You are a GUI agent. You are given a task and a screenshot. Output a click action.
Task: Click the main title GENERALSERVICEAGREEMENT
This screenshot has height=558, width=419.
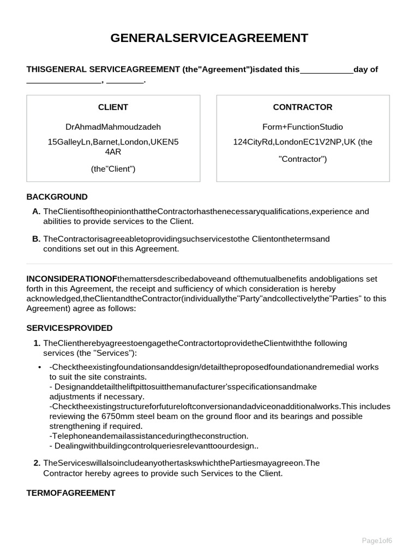tap(209, 38)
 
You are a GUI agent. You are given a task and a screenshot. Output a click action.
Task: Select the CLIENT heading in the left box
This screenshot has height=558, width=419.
tap(113, 107)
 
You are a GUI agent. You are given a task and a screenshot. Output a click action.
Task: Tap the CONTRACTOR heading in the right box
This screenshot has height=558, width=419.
tap(302, 107)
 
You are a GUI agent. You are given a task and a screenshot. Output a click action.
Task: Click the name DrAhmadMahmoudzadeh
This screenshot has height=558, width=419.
tap(113, 127)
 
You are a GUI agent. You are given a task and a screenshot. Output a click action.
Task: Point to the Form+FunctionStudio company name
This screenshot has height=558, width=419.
tap(302, 127)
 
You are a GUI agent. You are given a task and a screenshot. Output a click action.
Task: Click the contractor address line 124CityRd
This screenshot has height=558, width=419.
tap(302, 142)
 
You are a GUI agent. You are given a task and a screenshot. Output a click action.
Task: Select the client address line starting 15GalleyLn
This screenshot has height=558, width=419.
tap(113, 142)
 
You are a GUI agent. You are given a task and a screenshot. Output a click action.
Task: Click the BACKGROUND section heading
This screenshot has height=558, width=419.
tap(57, 197)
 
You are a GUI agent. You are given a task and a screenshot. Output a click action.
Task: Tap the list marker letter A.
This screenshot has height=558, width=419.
tap(36, 211)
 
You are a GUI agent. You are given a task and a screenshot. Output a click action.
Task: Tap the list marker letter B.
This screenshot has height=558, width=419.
tap(36, 239)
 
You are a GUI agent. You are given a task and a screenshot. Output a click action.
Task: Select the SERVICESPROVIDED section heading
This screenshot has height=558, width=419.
tap(69, 328)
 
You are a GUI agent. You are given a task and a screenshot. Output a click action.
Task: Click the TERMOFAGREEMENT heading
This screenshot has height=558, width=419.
tap(71, 493)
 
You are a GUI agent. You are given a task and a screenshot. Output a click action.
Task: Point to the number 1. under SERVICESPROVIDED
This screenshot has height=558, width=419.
tap(37, 343)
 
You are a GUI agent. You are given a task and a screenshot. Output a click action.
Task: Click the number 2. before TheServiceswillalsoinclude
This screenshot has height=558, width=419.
tap(37, 463)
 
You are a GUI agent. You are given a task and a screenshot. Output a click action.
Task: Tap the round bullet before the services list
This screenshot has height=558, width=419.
tap(40, 367)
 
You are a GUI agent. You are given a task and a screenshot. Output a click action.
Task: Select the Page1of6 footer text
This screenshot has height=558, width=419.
tap(377, 540)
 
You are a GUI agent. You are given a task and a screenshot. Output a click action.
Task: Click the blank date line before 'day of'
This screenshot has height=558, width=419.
tap(326, 70)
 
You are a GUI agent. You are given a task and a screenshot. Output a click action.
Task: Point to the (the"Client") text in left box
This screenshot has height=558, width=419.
tap(113, 169)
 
